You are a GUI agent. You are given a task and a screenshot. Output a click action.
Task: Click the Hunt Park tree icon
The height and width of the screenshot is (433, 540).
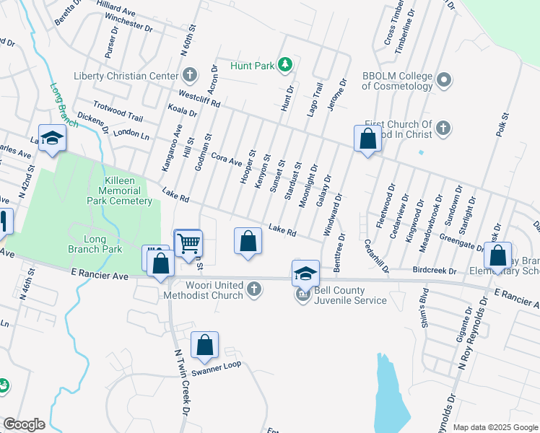tap(286, 66)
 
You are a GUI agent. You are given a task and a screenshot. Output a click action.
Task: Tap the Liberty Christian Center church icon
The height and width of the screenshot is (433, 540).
tap(189, 75)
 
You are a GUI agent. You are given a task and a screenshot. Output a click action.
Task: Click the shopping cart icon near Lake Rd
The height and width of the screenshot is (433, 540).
tap(188, 243)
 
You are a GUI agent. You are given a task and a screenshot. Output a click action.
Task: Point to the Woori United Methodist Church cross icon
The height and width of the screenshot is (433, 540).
tap(253, 290)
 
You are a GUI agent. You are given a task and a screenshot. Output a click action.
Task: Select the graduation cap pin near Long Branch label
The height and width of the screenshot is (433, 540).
tap(52, 139)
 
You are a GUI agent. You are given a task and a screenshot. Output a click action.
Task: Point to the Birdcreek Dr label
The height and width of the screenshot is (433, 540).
tap(435, 271)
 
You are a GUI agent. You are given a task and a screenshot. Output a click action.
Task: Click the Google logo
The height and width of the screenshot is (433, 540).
tap(24, 424)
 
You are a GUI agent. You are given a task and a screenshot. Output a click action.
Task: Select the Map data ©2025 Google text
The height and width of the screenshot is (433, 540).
tap(495, 427)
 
